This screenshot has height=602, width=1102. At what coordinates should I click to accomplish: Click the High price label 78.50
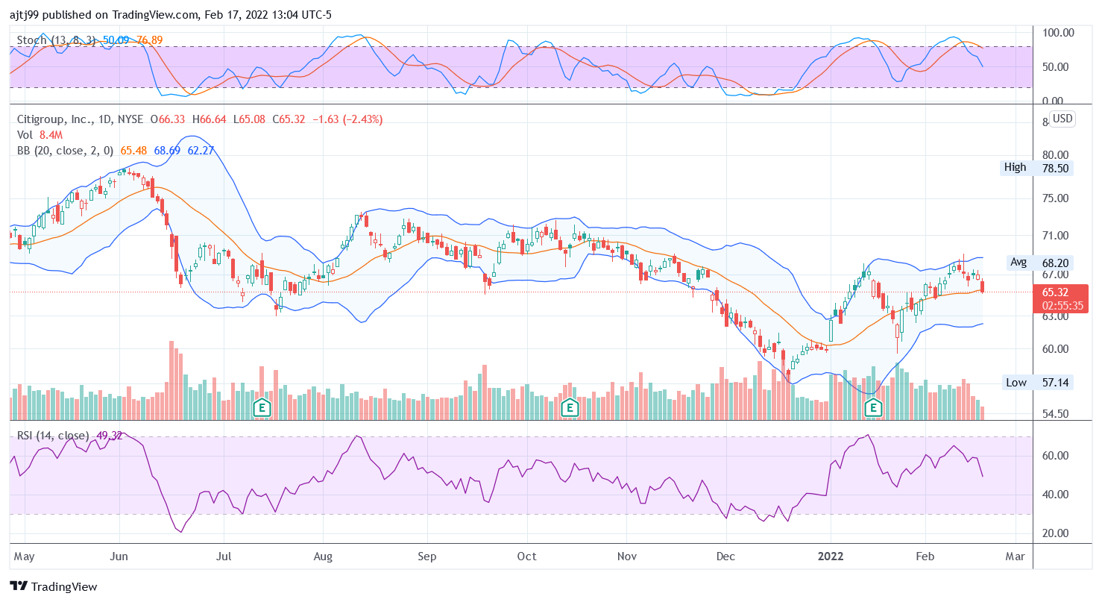tap(1054, 168)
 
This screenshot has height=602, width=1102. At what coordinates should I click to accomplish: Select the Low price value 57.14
tap(1054, 383)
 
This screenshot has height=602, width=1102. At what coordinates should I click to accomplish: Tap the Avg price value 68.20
tap(1054, 263)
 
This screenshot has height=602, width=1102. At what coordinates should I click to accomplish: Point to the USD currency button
tap(1062, 119)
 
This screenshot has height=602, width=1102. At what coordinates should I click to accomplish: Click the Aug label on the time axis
tap(322, 556)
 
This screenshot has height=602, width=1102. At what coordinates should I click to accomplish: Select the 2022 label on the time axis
tap(830, 556)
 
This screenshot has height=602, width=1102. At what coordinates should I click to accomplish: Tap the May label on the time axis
tap(25, 556)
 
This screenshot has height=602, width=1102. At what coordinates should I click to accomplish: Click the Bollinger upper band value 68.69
tap(168, 151)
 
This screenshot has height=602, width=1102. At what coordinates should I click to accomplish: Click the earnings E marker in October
tap(570, 407)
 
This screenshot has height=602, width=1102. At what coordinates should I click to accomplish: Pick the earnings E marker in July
tap(261, 407)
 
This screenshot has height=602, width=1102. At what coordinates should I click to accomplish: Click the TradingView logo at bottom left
tap(53, 586)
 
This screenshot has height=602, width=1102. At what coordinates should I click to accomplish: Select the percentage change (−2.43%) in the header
tap(361, 119)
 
